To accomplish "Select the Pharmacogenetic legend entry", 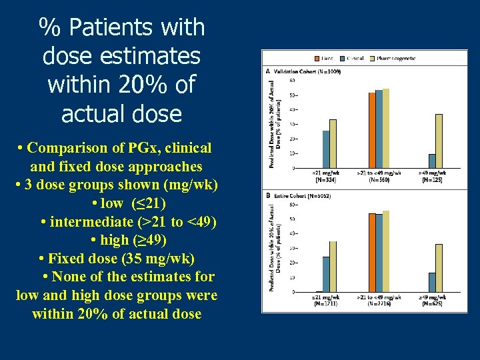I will [x=396, y=59].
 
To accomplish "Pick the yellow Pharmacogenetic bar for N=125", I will [x=439, y=141].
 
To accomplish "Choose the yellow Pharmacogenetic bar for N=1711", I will [x=333, y=267].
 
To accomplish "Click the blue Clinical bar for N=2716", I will [x=379, y=253].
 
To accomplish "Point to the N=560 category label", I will [x=379, y=179].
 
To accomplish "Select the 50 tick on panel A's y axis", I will [x=293, y=95].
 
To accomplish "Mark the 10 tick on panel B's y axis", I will [x=293, y=277].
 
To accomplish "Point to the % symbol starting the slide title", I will [x=46, y=28].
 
